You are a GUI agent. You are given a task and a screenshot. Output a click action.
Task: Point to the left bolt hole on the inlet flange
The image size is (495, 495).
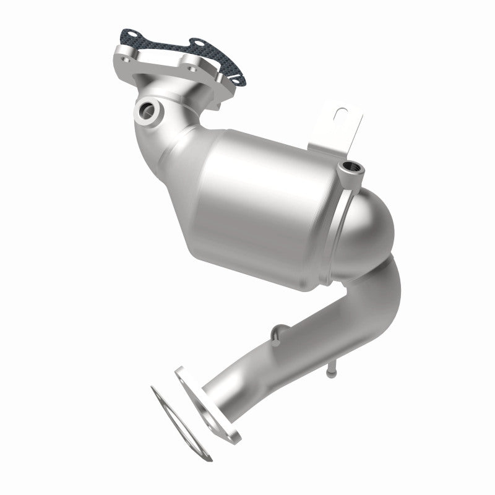[x=127, y=61]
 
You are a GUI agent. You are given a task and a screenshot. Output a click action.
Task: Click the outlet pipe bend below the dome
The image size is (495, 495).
[x=371, y=291]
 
